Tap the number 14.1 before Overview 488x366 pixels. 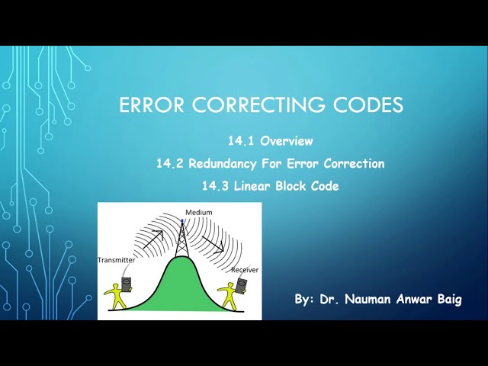pyautogui.click(x=242, y=141)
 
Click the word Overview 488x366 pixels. pyautogui.click(x=287, y=141)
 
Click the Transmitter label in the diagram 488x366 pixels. pyautogui.click(x=116, y=260)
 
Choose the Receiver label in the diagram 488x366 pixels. pyautogui.click(x=244, y=269)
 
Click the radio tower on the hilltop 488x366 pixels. pyautogui.click(x=182, y=240)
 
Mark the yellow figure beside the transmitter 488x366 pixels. pyautogui.click(x=117, y=295)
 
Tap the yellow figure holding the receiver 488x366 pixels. pyautogui.click(x=228, y=295)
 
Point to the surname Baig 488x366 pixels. pyautogui.click(x=448, y=300)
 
